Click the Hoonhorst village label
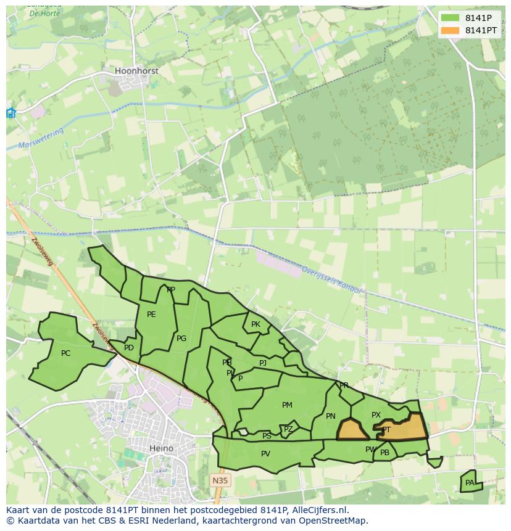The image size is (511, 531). (136, 71)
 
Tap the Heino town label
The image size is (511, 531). (161, 448)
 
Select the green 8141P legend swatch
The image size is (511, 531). (451, 18)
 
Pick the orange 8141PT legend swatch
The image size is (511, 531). (451, 30)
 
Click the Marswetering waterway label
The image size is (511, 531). (41, 139)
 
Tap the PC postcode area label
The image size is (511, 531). (66, 353)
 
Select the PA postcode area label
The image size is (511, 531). (470, 483)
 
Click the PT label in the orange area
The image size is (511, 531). (386, 430)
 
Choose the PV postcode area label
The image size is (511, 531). (265, 454)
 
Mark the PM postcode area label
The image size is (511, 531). (287, 405)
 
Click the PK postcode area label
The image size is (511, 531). (255, 324)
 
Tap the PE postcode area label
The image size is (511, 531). (151, 315)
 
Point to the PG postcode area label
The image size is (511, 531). (181, 339)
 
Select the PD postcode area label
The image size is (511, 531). (128, 348)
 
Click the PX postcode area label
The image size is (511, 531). (376, 415)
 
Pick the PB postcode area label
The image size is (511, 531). (385, 453)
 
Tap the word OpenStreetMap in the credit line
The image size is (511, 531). (336, 521)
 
